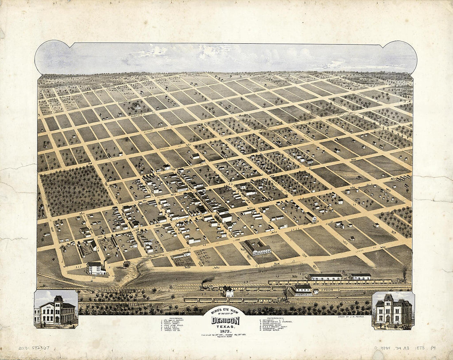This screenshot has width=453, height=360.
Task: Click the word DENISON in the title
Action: click(225, 320)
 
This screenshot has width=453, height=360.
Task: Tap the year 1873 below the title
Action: click(225, 331)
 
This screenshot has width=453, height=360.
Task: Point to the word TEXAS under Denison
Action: click(225, 326)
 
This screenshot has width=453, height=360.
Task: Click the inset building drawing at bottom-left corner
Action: click(56, 310)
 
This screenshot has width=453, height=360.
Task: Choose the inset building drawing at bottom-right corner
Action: click(393, 310)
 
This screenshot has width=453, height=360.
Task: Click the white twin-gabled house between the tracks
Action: click(228, 292)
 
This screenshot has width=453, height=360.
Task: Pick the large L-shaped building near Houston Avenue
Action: click(257, 248)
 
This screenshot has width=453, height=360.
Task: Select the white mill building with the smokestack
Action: click(96, 268)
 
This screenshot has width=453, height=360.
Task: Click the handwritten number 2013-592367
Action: click(34, 348)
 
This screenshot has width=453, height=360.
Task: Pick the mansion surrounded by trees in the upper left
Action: click(136, 106)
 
